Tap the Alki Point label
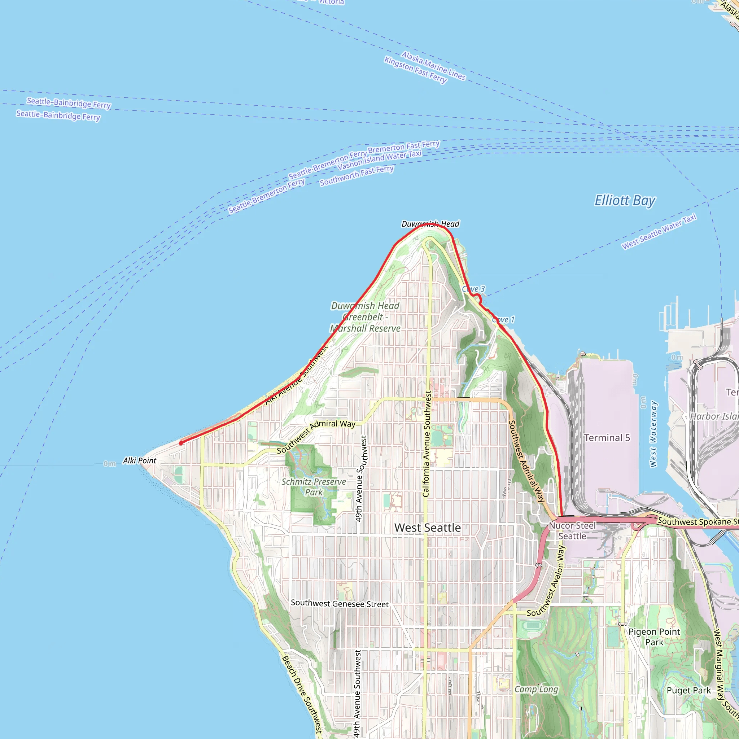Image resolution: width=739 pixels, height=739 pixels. pyautogui.click(x=139, y=461)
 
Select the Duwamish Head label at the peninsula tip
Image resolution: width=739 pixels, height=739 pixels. pyautogui.click(x=430, y=224)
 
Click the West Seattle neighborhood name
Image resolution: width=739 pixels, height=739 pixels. pyautogui.click(x=427, y=528)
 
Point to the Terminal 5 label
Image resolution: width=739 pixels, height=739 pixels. pyautogui.click(x=607, y=438)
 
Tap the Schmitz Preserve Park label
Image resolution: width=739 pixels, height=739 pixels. pyautogui.click(x=314, y=487)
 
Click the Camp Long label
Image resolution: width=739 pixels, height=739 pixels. pyautogui.click(x=536, y=689)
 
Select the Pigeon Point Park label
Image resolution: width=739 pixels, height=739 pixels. pyautogui.click(x=654, y=637)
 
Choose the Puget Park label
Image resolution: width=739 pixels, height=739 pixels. pyautogui.click(x=688, y=690)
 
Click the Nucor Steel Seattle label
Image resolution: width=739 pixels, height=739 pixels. pyautogui.click(x=572, y=531)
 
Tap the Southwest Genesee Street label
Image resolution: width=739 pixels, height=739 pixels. pyautogui.click(x=340, y=604)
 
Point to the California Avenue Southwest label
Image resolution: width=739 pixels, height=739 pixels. pyautogui.click(x=427, y=444)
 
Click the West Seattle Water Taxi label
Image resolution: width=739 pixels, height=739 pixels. pyautogui.click(x=659, y=232)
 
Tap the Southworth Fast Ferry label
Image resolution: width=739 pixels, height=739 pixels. pyautogui.click(x=357, y=176)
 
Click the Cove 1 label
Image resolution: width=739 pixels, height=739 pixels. pyautogui.click(x=504, y=319)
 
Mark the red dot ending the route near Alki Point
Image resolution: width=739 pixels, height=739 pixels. pyautogui.click(x=181, y=443)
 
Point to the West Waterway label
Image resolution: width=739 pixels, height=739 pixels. pyautogui.click(x=653, y=434)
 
